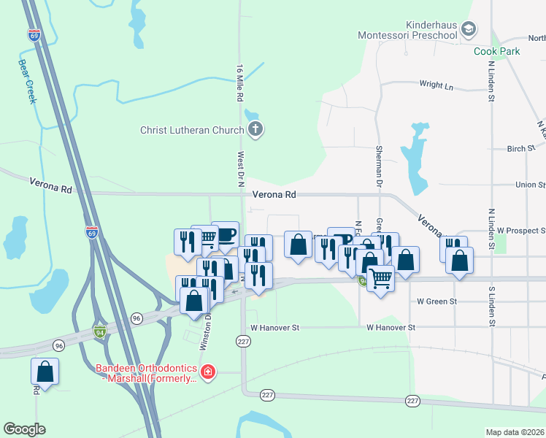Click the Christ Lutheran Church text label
[x=192, y=131]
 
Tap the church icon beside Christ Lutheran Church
[x=255, y=131]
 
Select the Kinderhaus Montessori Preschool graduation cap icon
[x=468, y=29]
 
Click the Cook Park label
[x=496, y=52]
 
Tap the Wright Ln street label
[x=436, y=86]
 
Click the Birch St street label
[x=521, y=148]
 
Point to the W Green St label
[x=437, y=301]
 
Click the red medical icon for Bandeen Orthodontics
[x=208, y=372]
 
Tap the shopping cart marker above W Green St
[x=380, y=277]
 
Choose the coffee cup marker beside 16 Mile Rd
[x=225, y=234]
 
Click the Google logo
[x=24, y=429]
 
